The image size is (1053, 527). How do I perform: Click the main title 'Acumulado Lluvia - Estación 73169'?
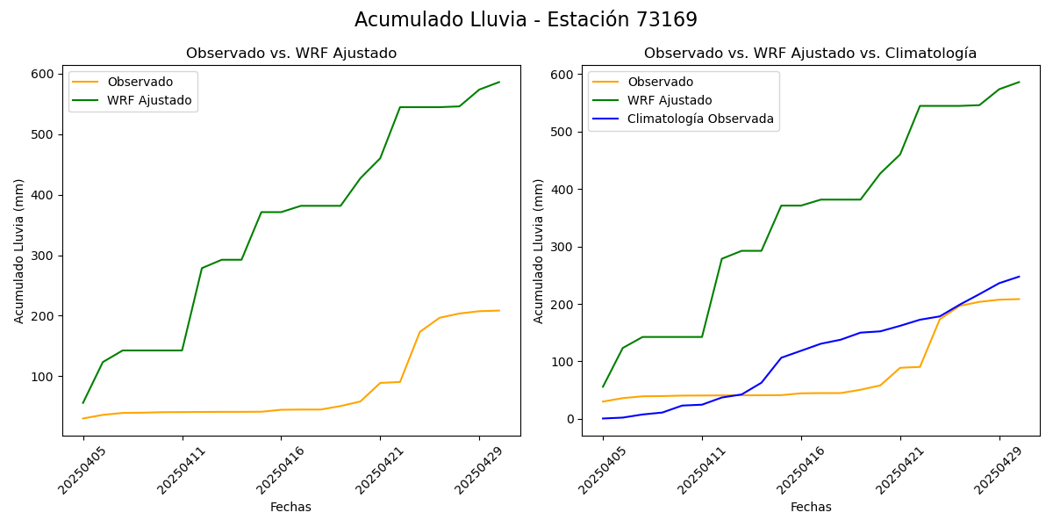tap(526, 20)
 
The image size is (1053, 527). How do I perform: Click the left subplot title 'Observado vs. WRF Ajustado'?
tap(291, 54)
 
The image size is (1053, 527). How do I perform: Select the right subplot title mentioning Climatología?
tap(810, 54)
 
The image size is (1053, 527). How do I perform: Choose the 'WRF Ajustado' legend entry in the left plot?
tap(149, 100)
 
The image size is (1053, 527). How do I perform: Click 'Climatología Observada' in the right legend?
tap(700, 119)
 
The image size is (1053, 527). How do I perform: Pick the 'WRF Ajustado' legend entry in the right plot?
tap(670, 100)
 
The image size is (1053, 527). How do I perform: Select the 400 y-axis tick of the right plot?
tap(565, 190)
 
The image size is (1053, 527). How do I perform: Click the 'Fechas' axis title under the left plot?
tap(290, 508)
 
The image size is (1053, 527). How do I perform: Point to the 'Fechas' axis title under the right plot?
tap(811, 508)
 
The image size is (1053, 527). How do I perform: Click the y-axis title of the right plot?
tap(539, 250)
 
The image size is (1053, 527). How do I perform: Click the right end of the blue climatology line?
tap(1019, 277)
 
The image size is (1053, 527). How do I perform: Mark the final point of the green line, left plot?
tap(499, 83)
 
